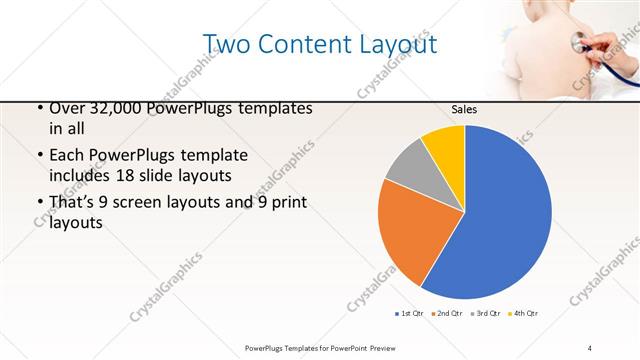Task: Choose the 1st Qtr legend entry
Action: click(410, 314)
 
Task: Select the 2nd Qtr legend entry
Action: click(446, 314)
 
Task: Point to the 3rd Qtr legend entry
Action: click(485, 314)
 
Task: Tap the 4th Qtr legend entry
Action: click(523, 314)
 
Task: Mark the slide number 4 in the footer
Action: click(590, 347)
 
